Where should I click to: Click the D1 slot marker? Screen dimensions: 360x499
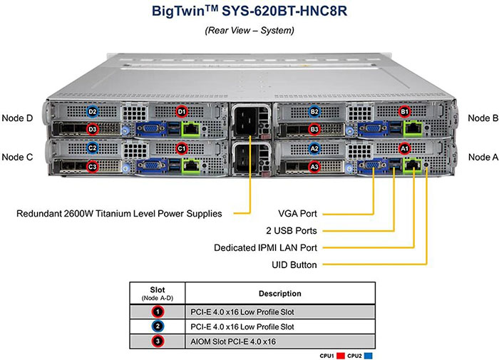[181, 112]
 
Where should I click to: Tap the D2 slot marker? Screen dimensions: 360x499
[92, 112]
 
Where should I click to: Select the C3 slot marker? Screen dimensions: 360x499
[92, 166]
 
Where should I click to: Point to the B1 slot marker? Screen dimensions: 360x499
[404, 112]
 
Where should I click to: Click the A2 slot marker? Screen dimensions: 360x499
[314, 148]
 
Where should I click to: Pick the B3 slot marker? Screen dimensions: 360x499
[314, 130]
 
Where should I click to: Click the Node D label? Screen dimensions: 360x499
[18, 118]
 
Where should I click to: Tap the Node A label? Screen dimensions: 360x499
[483, 156]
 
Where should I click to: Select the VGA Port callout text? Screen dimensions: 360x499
[296, 213]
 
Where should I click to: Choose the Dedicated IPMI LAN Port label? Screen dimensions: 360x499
[266, 247]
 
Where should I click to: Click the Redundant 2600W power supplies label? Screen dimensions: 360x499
[118, 213]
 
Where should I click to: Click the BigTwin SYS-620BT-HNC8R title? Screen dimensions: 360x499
[250, 12]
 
